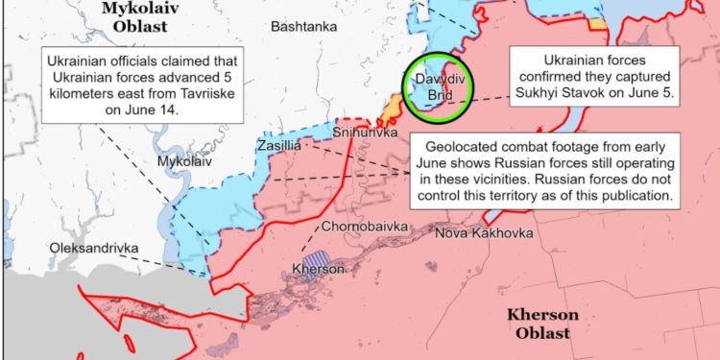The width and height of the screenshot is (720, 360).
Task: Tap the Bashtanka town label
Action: [x=303, y=27]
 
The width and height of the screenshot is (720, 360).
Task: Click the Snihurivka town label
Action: [x=365, y=132]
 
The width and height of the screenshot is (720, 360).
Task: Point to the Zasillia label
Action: [x=279, y=146]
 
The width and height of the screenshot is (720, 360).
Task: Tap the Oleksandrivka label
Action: [x=93, y=249]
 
